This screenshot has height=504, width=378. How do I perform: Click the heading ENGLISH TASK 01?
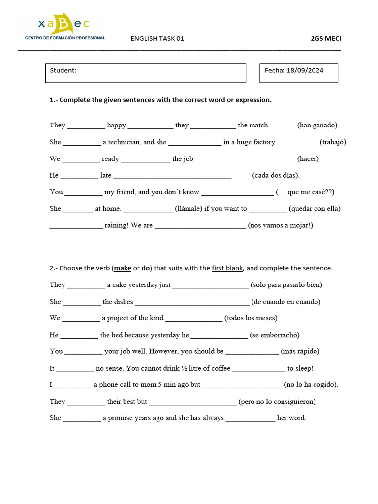click(x=157, y=39)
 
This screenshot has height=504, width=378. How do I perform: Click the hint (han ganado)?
click(x=317, y=125)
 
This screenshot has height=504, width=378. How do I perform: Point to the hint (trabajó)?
click(x=333, y=142)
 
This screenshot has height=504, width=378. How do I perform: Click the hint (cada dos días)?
click(x=276, y=175)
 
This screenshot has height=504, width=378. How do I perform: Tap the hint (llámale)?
click(x=189, y=208)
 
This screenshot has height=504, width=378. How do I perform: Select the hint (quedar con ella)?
click(x=315, y=208)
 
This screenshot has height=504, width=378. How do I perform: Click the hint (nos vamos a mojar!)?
click(x=281, y=225)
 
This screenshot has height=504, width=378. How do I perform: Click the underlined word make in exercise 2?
click(x=123, y=268)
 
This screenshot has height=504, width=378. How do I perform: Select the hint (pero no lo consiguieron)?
click(x=277, y=401)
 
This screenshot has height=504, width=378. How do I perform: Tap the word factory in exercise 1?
click(x=265, y=142)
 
